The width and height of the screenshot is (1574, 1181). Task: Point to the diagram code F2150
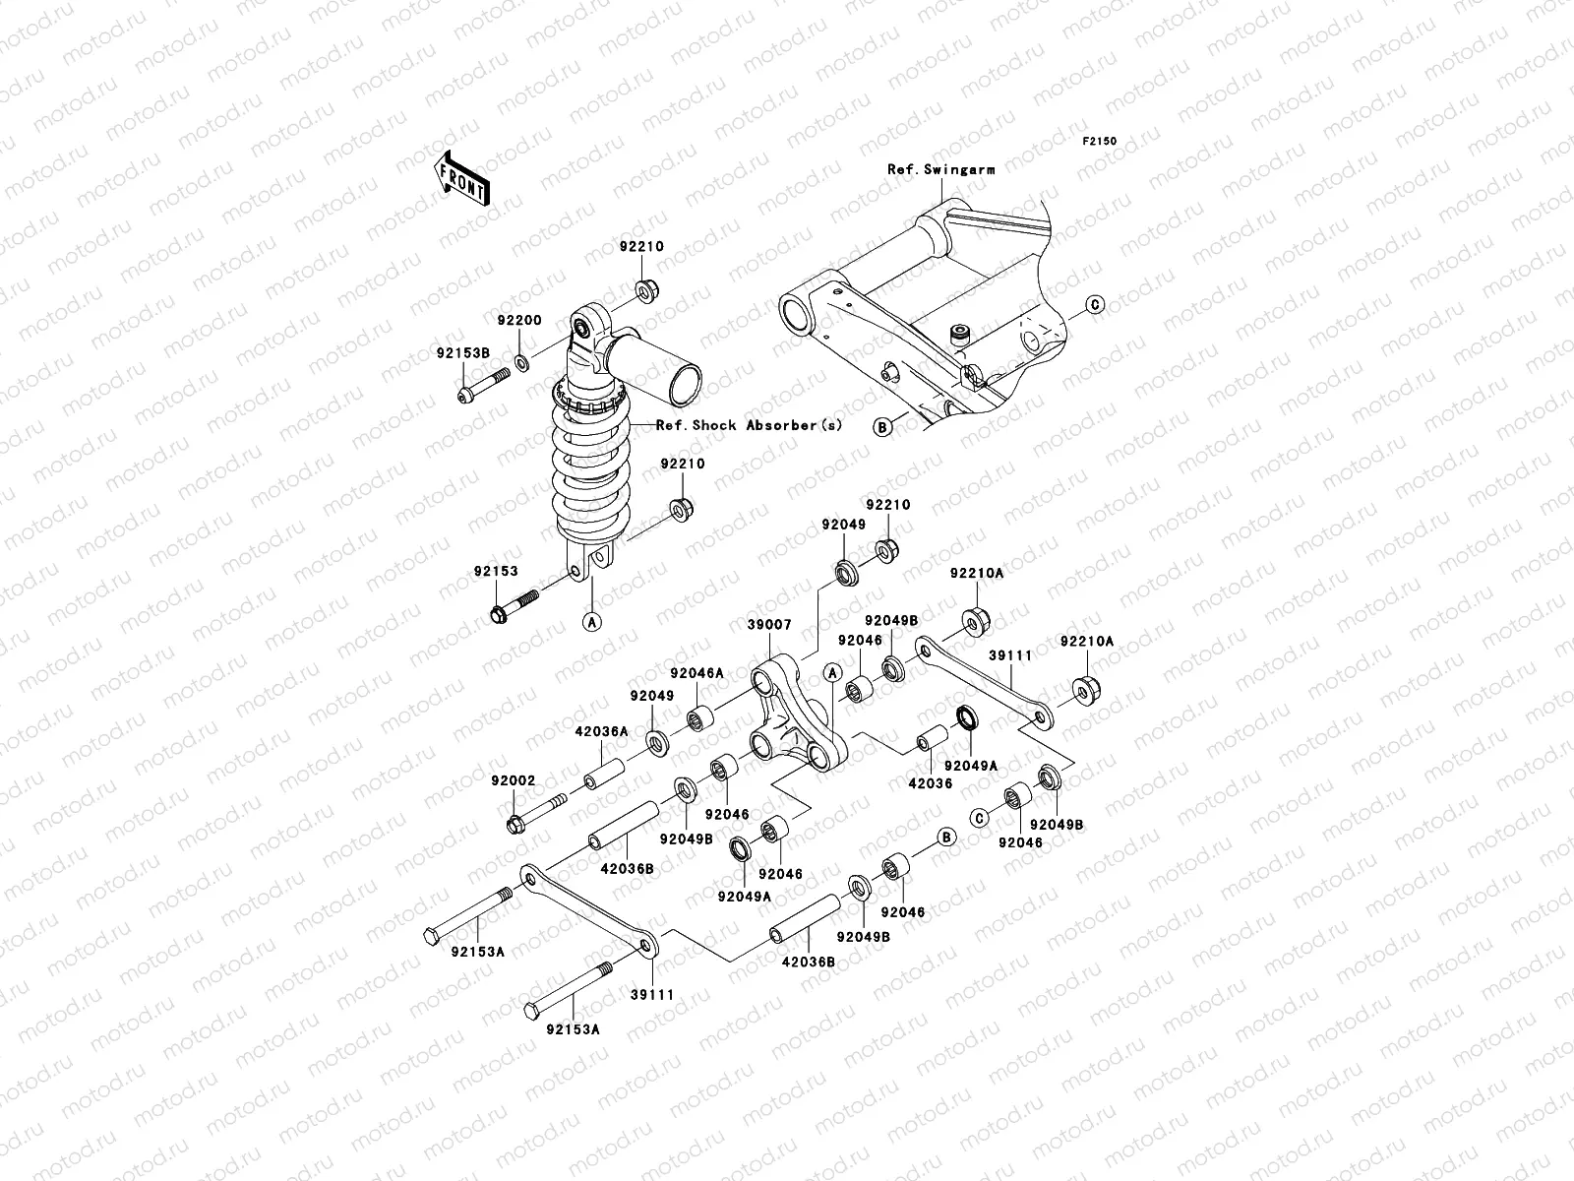[x=1101, y=142]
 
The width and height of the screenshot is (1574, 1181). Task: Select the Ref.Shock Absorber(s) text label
[x=750, y=425]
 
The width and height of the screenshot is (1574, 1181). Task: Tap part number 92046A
[x=696, y=673]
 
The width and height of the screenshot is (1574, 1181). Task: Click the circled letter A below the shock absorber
[x=592, y=621]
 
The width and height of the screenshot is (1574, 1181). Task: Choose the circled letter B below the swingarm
[x=882, y=426]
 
